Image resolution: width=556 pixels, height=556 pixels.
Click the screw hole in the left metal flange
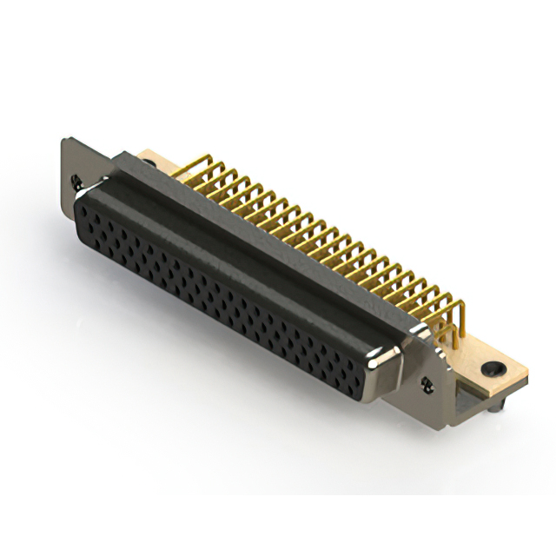[77, 182]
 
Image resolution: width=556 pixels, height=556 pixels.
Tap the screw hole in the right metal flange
[427, 382]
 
